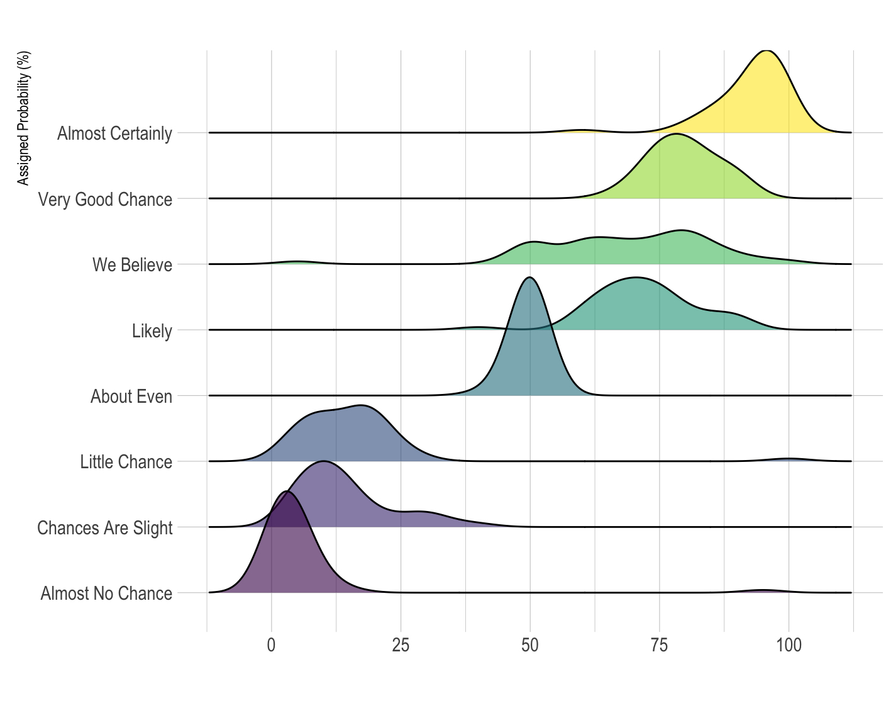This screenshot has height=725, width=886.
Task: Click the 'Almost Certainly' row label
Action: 114,133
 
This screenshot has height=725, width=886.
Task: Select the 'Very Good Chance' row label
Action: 105,200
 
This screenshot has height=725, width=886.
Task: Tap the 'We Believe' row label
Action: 132,265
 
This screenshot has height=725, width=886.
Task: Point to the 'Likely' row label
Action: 152,331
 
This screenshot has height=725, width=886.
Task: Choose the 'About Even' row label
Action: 131,396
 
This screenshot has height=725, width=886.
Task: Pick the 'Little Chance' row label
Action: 126,462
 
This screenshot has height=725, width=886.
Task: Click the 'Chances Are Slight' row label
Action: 104,527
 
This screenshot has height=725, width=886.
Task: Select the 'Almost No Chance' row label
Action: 106,593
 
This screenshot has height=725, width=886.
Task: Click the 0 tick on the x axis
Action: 271,645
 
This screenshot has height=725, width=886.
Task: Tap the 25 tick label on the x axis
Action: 401,645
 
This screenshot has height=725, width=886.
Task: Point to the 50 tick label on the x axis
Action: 530,645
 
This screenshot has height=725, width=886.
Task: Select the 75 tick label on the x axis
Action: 659,645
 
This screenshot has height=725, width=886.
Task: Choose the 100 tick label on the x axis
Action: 789,645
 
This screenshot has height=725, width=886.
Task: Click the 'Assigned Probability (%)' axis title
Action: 23,118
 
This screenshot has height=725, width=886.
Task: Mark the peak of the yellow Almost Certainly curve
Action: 765,50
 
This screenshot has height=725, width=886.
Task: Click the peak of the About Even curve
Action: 530,278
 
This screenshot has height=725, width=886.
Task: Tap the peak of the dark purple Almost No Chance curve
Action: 287,492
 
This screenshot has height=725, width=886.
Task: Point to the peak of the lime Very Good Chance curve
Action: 676,134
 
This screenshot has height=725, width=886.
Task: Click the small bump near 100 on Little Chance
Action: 789,459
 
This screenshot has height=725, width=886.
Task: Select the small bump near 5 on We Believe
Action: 297,261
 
